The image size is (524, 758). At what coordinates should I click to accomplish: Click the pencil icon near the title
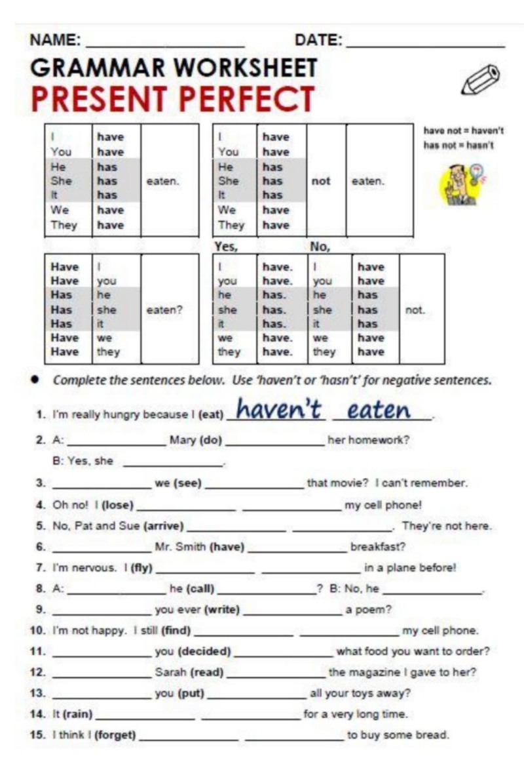[481, 80]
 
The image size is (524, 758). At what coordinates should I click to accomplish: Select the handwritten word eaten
[379, 410]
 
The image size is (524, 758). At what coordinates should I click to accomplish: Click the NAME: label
[56, 41]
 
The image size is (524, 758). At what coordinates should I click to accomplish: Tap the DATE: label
[318, 41]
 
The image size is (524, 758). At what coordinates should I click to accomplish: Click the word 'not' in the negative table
[321, 181]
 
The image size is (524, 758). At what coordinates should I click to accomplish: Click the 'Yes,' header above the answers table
[227, 247]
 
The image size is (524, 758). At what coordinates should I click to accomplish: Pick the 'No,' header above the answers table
[320, 247]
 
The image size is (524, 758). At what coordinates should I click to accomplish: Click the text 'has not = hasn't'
[458, 145]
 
